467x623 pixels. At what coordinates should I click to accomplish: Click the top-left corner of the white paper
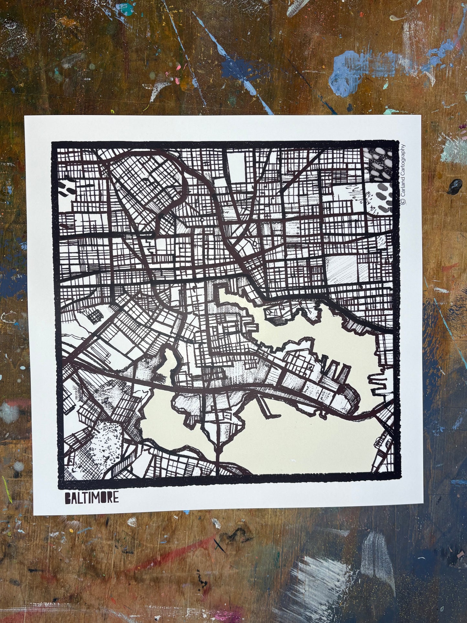25,116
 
